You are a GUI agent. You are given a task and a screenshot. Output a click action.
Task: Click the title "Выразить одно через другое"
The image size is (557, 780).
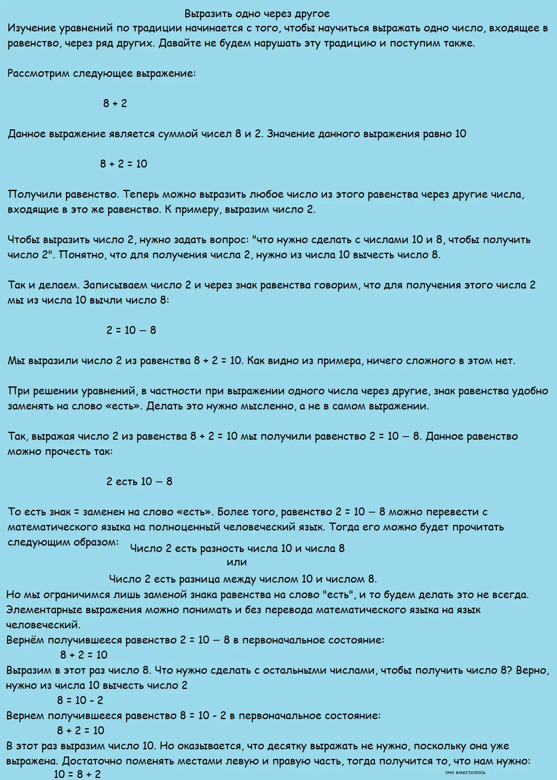(x=257, y=14)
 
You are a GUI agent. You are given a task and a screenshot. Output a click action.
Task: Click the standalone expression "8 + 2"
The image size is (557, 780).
(x=115, y=103)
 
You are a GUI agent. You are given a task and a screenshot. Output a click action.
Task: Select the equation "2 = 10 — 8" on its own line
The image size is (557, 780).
(x=131, y=330)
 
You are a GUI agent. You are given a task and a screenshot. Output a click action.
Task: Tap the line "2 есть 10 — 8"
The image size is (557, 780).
(x=139, y=482)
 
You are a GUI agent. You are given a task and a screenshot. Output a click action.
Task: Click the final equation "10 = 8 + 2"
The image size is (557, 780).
(x=77, y=774)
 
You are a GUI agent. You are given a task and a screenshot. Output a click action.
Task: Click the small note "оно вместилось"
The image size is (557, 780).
(x=465, y=772)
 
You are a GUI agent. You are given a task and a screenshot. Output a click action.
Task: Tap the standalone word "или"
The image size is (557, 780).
(x=237, y=562)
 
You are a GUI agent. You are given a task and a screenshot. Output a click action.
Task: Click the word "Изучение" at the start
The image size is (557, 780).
(x=31, y=28)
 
